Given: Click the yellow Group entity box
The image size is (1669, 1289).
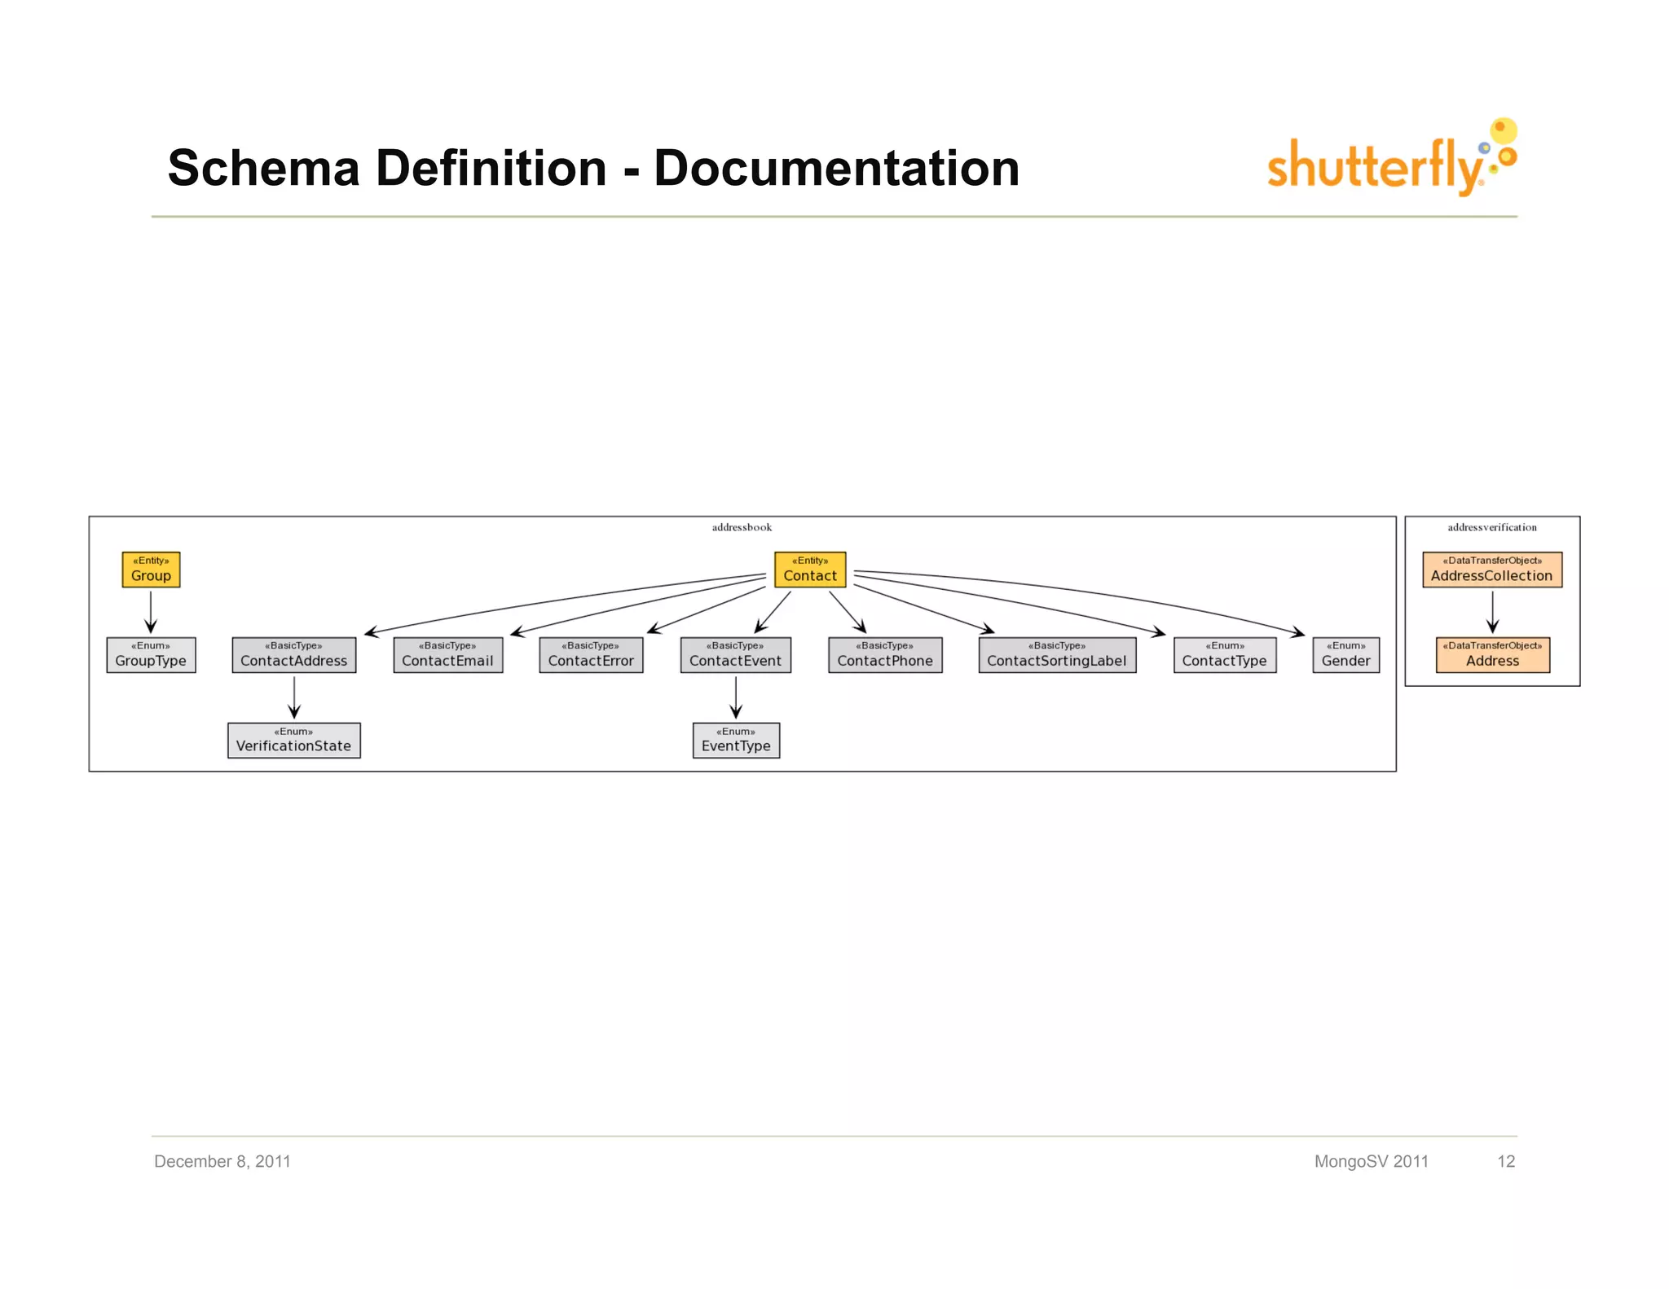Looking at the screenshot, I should [x=151, y=570].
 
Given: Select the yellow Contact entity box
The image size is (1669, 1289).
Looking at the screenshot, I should [x=810, y=570].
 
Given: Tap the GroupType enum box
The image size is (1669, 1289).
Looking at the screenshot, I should [x=151, y=654].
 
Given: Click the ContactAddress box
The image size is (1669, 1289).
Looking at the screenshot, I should [x=293, y=654].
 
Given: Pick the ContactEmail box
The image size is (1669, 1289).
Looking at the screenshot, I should [x=447, y=654].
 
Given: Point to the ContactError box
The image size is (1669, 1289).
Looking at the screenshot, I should [x=591, y=654].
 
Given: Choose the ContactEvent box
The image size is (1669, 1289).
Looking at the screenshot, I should [x=735, y=654].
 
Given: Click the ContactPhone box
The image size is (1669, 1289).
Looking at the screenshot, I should [x=885, y=654].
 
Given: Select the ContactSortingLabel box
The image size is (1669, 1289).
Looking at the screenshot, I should [x=1057, y=654].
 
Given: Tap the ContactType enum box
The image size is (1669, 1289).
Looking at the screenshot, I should [x=1225, y=654].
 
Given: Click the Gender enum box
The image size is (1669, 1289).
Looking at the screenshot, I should [x=1345, y=654].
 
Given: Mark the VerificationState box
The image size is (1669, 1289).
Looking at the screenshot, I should [x=293, y=740].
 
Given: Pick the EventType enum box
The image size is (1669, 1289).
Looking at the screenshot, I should [x=736, y=740].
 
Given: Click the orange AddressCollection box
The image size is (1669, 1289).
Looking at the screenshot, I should [x=1491, y=570].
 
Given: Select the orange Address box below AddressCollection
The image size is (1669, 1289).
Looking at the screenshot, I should [x=1492, y=654].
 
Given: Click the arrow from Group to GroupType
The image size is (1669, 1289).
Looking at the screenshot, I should [x=151, y=611].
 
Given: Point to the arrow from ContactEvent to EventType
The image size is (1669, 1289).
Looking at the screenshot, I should [x=736, y=697].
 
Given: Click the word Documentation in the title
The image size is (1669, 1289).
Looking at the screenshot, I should [x=836, y=168].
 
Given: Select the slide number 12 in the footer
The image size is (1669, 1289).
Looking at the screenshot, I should [x=1505, y=1161].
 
